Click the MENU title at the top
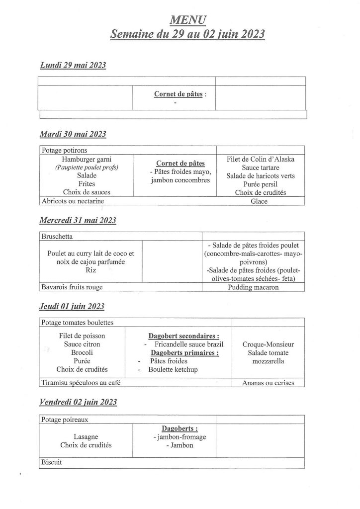pyautogui.click(x=187, y=19)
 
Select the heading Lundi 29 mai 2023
pyautogui.click(x=73, y=66)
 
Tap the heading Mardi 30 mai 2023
pyautogui.click(x=73, y=134)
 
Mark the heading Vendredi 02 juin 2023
pyautogui.click(x=78, y=402)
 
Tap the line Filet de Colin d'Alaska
pyautogui.click(x=260, y=159)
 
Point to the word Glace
pyautogui.click(x=260, y=201)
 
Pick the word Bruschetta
pyautogui.click(x=59, y=237)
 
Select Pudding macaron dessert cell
pyautogui.click(x=254, y=287)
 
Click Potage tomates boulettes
pyautogui.click(x=78, y=323)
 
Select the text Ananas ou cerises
pyautogui.click(x=268, y=383)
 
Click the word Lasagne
pyautogui.click(x=85, y=437)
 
